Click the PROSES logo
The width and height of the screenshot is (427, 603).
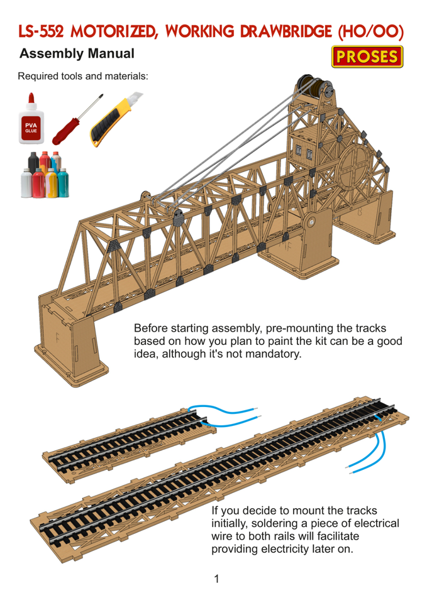(x=367, y=57)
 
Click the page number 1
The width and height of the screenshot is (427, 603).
(x=216, y=579)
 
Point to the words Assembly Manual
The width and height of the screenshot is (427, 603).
(x=77, y=54)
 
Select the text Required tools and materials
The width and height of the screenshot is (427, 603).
(x=83, y=77)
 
